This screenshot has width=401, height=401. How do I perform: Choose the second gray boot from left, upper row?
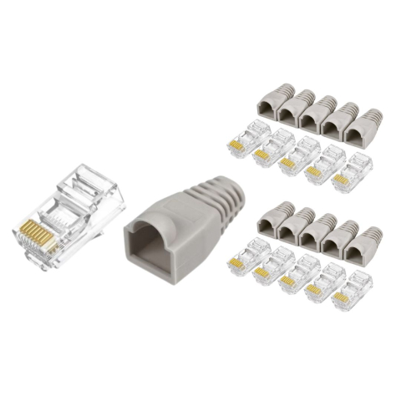click(x=292, y=107)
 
